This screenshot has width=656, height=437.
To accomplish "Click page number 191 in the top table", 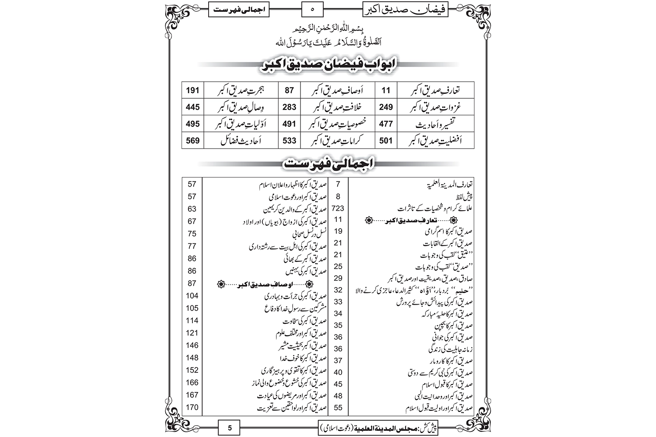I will [192, 91].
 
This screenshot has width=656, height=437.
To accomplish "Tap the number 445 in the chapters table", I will [192, 107].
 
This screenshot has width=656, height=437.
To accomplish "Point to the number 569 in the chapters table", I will [192, 140].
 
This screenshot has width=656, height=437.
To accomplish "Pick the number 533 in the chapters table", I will [289, 140].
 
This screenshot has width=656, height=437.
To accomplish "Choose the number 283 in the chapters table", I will [289, 107].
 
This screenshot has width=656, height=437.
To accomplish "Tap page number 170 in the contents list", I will [192, 407].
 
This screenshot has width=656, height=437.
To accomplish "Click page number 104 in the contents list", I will [192, 295].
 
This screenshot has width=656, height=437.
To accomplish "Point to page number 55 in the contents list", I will [338, 407].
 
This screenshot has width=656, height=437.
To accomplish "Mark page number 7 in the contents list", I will [338, 184].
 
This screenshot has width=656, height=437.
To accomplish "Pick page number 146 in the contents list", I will [192, 345].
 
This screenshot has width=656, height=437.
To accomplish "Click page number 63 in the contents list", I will [192, 209].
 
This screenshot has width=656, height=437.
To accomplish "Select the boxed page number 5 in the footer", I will [230, 428].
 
